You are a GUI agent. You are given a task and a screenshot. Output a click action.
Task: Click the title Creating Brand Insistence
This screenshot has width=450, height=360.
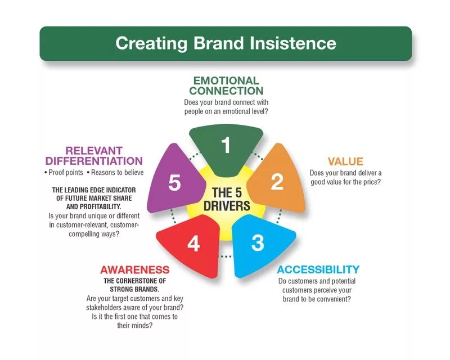pyautogui.click(x=226, y=43)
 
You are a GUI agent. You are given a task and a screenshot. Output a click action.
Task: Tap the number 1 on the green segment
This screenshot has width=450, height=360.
pyautogui.click(x=226, y=146)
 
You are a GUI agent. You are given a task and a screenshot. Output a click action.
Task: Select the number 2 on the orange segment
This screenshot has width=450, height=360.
pyautogui.click(x=277, y=181)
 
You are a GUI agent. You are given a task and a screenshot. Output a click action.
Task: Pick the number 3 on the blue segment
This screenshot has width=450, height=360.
pyautogui.click(x=257, y=243)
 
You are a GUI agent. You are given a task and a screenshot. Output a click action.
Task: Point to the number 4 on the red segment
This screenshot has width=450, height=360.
pyautogui.click(x=193, y=244)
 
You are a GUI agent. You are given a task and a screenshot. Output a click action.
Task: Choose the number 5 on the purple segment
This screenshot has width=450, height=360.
pyautogui.click(x=174, y=182)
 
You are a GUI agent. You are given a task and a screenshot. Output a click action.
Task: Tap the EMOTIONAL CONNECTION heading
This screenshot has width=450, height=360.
pyautogui.click(x=226, y=85)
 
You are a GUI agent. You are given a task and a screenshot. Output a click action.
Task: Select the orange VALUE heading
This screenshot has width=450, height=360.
pyautogui.click(x=345, y=161)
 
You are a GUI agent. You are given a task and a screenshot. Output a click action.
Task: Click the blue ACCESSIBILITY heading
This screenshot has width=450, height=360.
pyautogui.click(x=318, y=269)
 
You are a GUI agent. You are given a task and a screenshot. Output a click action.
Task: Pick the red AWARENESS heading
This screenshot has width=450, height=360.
pyautogui.click(x=134, y=269)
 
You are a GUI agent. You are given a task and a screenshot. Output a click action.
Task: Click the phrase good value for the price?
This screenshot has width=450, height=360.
pyautogui.click(x=345, y=182)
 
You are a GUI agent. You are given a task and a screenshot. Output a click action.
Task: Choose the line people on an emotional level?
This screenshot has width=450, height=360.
pyautogui.click(x=226, y=111)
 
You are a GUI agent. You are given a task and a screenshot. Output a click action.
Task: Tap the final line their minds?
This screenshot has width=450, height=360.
pyautogui.click(x=134, y=325)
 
